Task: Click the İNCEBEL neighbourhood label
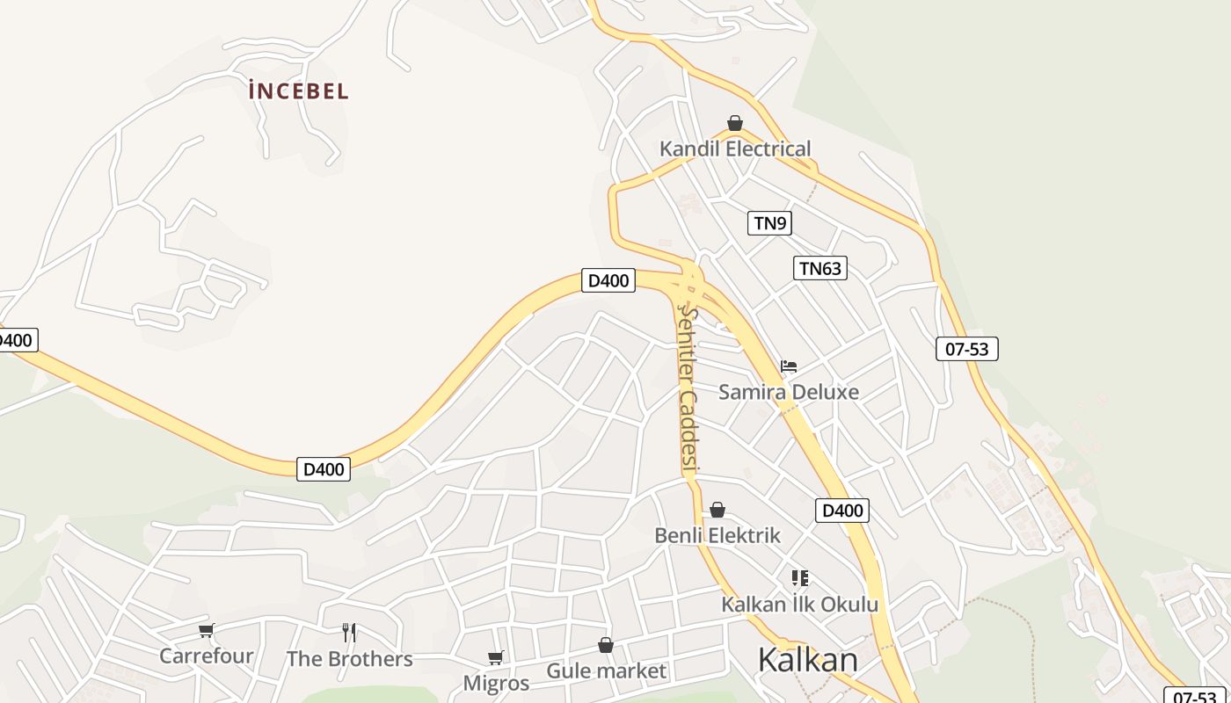[299, 91]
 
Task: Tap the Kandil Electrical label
[735, 149]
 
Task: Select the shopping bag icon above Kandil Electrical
[735, 123]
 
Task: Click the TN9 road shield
[770, 223]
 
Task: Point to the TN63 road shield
[820, 268]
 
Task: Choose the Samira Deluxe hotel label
[789, 392]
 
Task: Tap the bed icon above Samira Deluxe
[789, 366]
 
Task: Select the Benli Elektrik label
[717, 535]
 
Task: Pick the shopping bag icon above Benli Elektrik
[717, 510]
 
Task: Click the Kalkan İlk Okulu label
[799, 605]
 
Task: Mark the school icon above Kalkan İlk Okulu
[799, 578]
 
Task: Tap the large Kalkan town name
[807, 659]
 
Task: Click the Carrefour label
[206, 656]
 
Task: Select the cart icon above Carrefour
[206, 630]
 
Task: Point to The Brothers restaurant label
[349, 658]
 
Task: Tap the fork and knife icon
[349, 632]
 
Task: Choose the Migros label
[496, 683]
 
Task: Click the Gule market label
[606, 671]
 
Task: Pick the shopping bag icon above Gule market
[606, 646]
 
